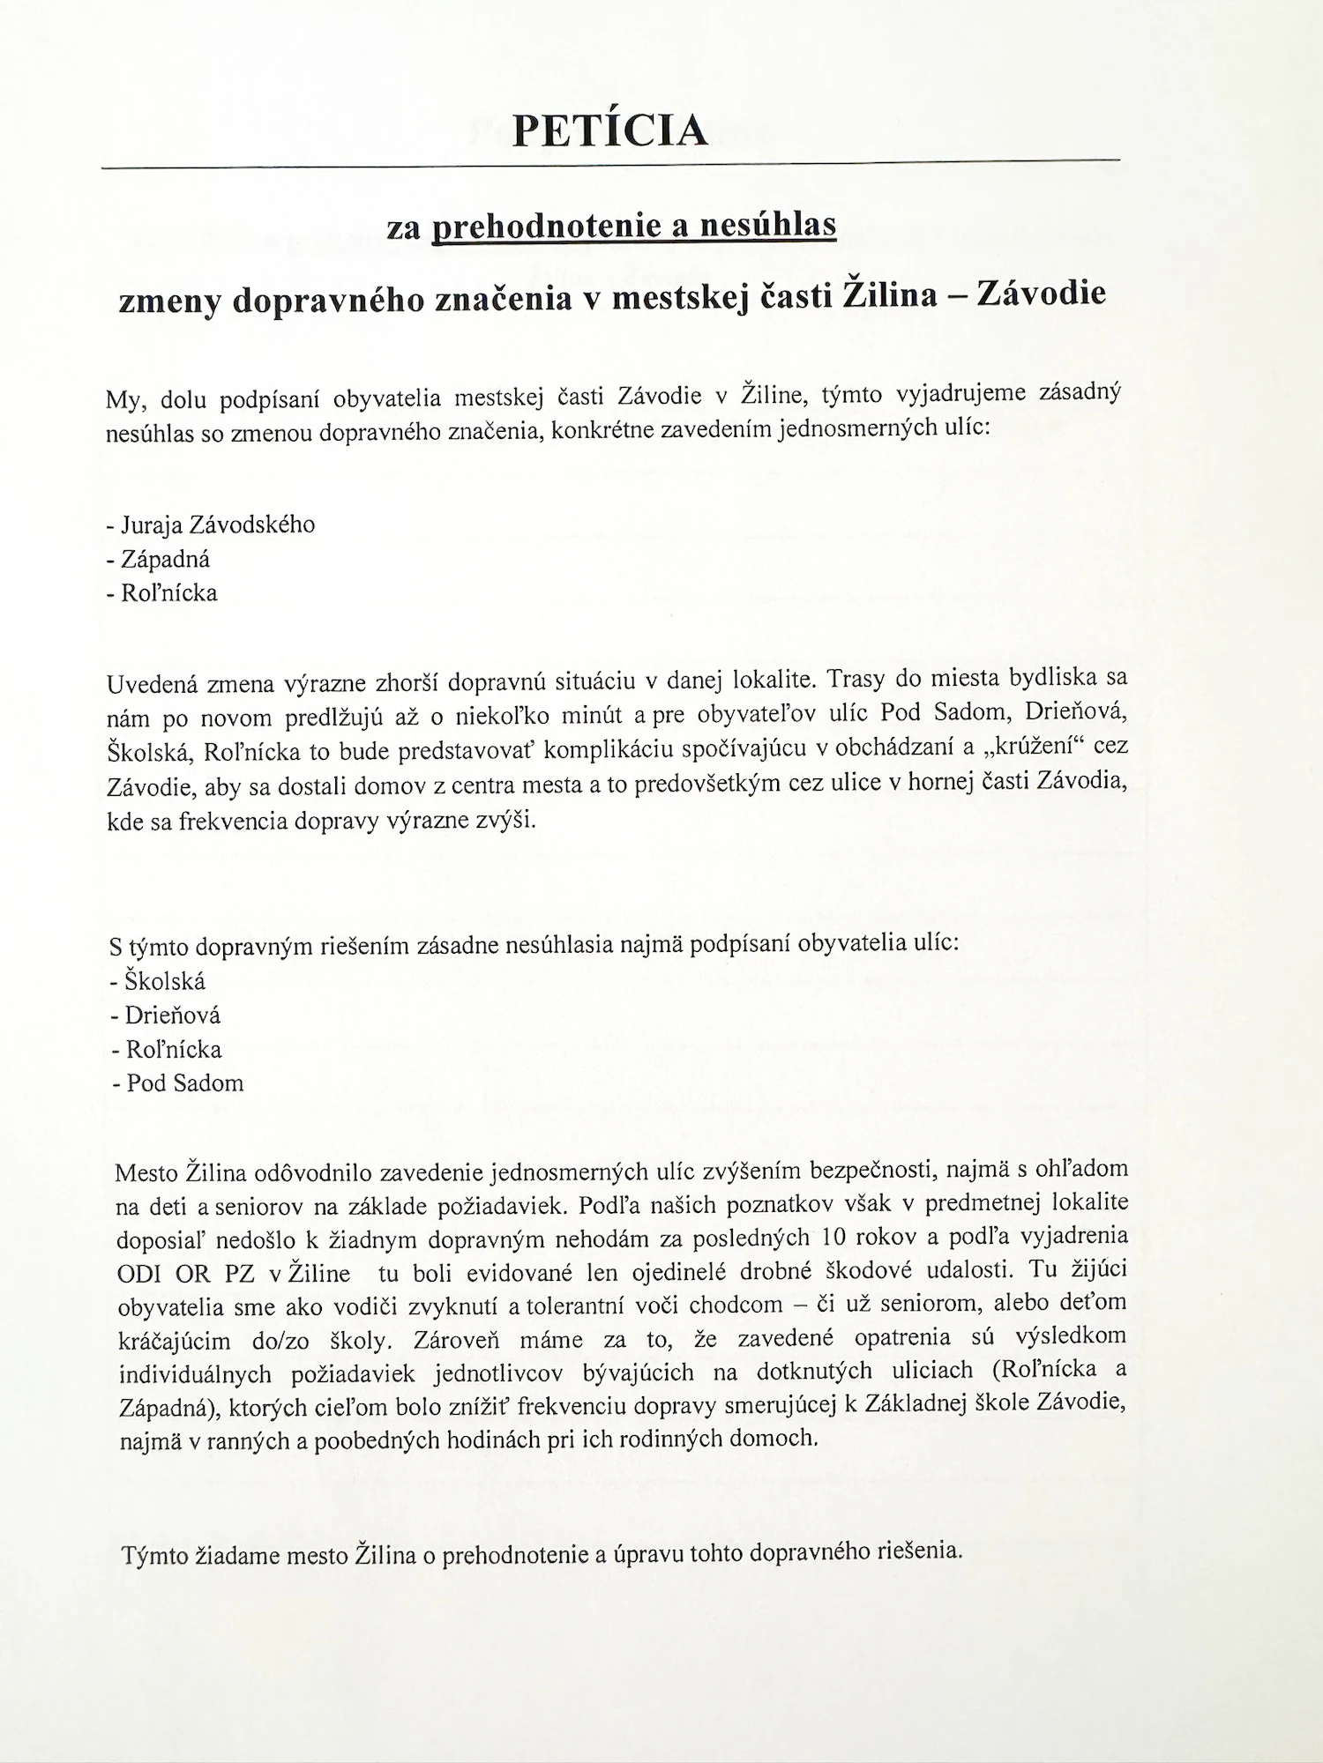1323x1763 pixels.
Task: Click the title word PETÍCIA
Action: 610,130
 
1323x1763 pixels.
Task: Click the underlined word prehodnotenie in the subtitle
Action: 547,227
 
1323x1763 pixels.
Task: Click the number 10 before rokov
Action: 833,1237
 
